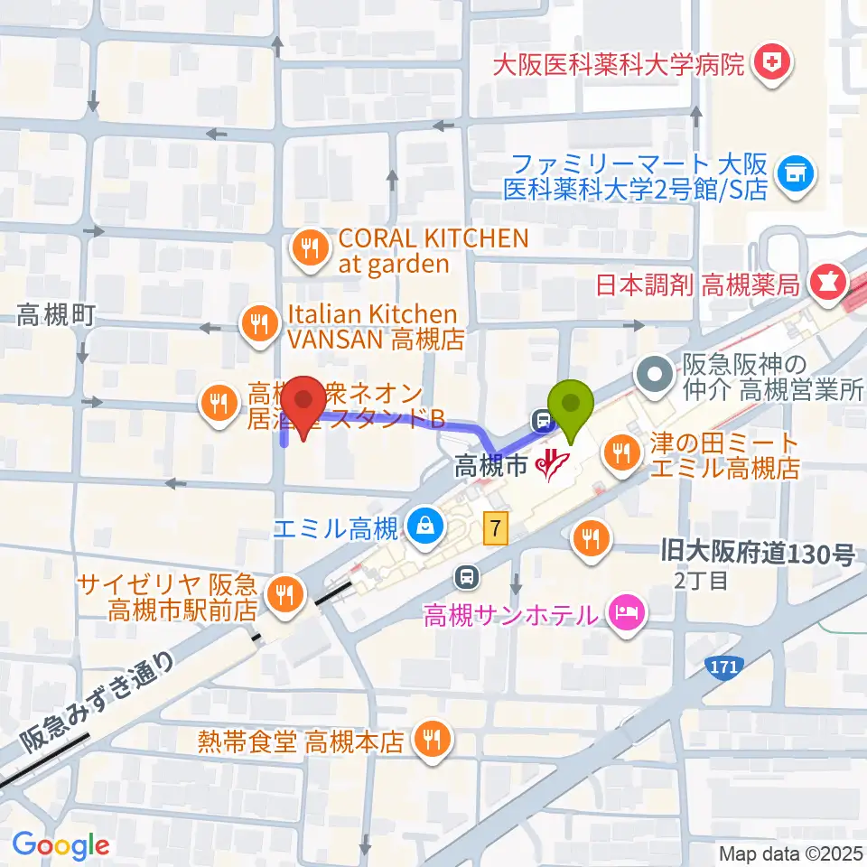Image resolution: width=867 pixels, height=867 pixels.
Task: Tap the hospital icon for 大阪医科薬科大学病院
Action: [x=774, y=62]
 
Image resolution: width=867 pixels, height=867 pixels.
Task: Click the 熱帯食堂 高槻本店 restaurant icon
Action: [x=431, y=741]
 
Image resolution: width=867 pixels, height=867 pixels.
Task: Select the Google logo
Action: [x=61, y=846]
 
